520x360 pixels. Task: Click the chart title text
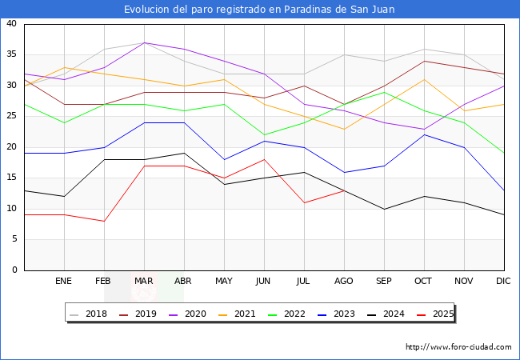click(259, 9)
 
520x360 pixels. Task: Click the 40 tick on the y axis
click(12, 24)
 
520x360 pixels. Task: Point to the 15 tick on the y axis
click(12, 178)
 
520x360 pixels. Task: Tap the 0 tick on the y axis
click(14, 270)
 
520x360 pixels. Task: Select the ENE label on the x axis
click(64, 282)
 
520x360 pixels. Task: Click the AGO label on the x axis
click(344, 282)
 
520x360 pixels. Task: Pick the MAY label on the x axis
click(224, 282)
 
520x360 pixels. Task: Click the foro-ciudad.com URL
click(458, 347)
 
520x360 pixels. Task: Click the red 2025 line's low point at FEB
click(104, 221)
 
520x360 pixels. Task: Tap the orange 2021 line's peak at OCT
click(424, 79)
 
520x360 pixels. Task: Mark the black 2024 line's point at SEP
click(384, 209)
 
